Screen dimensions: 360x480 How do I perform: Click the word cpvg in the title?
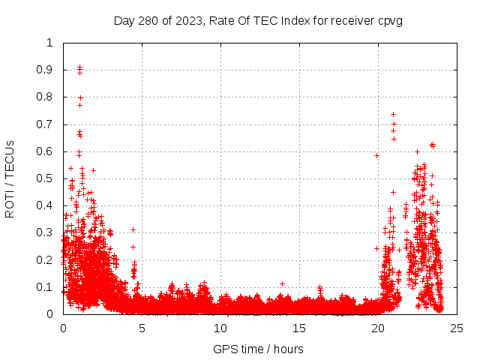391,20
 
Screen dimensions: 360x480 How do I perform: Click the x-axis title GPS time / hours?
258,349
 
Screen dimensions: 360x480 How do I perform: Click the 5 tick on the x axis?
142,328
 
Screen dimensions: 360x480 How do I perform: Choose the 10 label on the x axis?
220,328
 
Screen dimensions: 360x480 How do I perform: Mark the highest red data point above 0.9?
79,67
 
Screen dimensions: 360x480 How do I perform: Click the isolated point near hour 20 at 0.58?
376,155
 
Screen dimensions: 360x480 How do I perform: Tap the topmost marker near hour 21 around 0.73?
394,114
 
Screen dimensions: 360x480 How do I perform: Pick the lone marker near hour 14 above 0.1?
282,283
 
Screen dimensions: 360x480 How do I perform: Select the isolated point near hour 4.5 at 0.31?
133,229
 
